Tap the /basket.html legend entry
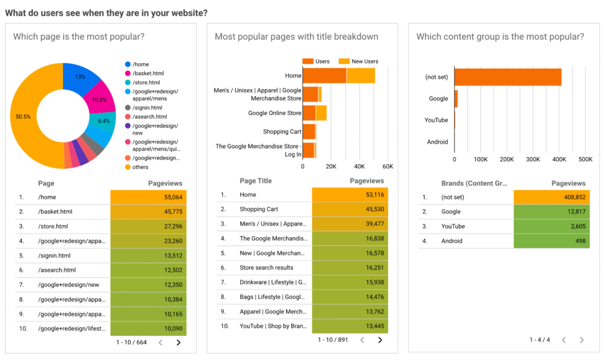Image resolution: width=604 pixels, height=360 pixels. point(147,73)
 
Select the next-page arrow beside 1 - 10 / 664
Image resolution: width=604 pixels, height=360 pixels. point(179,342)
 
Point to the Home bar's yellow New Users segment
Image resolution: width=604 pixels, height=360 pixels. point(361,76)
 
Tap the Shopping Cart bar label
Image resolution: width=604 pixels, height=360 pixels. point(282,131)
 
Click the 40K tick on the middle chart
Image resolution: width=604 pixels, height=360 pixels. point(359,167)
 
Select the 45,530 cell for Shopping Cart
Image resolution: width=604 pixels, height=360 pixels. point(349,209)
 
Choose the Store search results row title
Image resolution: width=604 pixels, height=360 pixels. point(267,267)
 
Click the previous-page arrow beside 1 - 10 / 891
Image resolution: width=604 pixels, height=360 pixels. point(362,339)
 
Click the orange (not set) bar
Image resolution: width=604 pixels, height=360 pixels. point(507,77)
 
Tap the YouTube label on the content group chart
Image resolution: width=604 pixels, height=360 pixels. point(436,120)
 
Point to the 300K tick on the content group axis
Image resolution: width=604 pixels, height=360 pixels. point(533,159)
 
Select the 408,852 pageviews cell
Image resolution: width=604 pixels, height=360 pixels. point(551,197)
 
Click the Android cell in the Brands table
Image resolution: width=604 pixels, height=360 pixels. point(452,241)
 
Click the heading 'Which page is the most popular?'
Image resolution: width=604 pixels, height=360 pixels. point(79,37)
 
